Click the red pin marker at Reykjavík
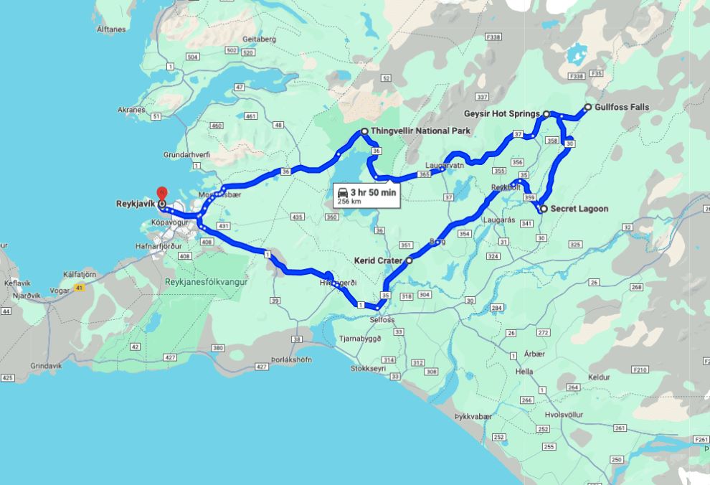coord(161,194)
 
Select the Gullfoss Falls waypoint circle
coord(588,108)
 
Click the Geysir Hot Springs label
coord(501,113)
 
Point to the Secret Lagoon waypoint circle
coord(543,209)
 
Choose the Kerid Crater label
coord(378,260)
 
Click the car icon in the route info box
coord(343,192)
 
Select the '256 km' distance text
coord(349,202)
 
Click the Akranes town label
coord(131,110)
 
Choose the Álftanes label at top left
coord(110,29)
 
